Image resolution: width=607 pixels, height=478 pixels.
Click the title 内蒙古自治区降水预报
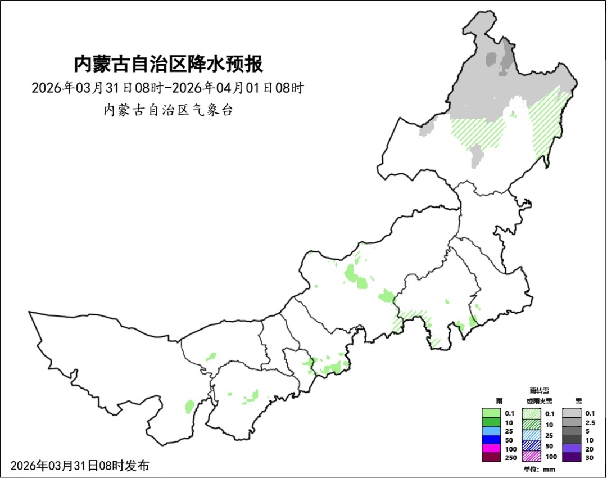tap(169, 64)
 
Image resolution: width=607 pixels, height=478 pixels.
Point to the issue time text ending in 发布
tap(80, 466)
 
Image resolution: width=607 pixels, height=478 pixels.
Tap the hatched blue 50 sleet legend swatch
tap(532, 444)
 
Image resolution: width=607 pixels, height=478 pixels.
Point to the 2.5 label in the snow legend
tap(590, 422)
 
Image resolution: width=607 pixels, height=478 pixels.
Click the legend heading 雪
tap(579, 401)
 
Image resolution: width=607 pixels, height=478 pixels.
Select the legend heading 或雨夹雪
tap(539, 401)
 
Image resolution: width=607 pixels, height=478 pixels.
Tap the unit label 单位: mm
tap(539, 469)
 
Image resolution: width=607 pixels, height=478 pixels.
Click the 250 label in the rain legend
tap(509, 457)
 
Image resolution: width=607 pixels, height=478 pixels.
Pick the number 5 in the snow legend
tap(587, 431)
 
